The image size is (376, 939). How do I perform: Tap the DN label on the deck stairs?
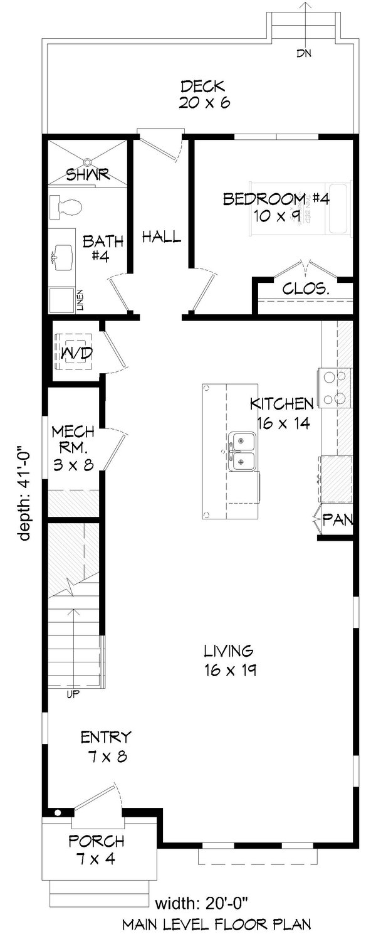click(x=305, y=53)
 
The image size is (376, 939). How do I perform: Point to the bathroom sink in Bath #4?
click(x=63, y=256)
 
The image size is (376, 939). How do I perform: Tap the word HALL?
click(x=161, y=236)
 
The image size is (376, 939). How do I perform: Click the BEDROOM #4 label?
click(x=276, y=208)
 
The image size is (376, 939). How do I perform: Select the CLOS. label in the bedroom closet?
click(x=306, y=289)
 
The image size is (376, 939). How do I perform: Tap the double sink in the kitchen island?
click(x=241, y=450)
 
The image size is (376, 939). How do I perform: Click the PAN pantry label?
click(x=338, y=520)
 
